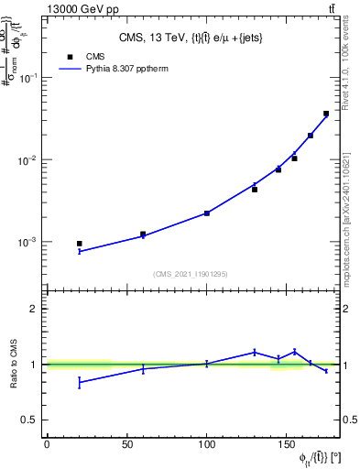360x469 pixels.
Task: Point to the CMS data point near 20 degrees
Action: [79, 244]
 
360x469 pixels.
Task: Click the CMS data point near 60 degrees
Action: [143, 234]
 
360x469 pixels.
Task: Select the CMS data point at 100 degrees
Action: [207, 213]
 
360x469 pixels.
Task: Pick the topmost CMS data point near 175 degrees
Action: [326, 114]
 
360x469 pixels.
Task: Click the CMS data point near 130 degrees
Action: [255, 189]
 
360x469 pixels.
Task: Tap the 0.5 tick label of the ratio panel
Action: [29, 420]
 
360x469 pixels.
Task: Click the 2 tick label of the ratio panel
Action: [34, 309]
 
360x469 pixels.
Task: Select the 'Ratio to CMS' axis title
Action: [16, 365]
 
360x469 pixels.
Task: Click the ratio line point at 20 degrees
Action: [79, 381]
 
